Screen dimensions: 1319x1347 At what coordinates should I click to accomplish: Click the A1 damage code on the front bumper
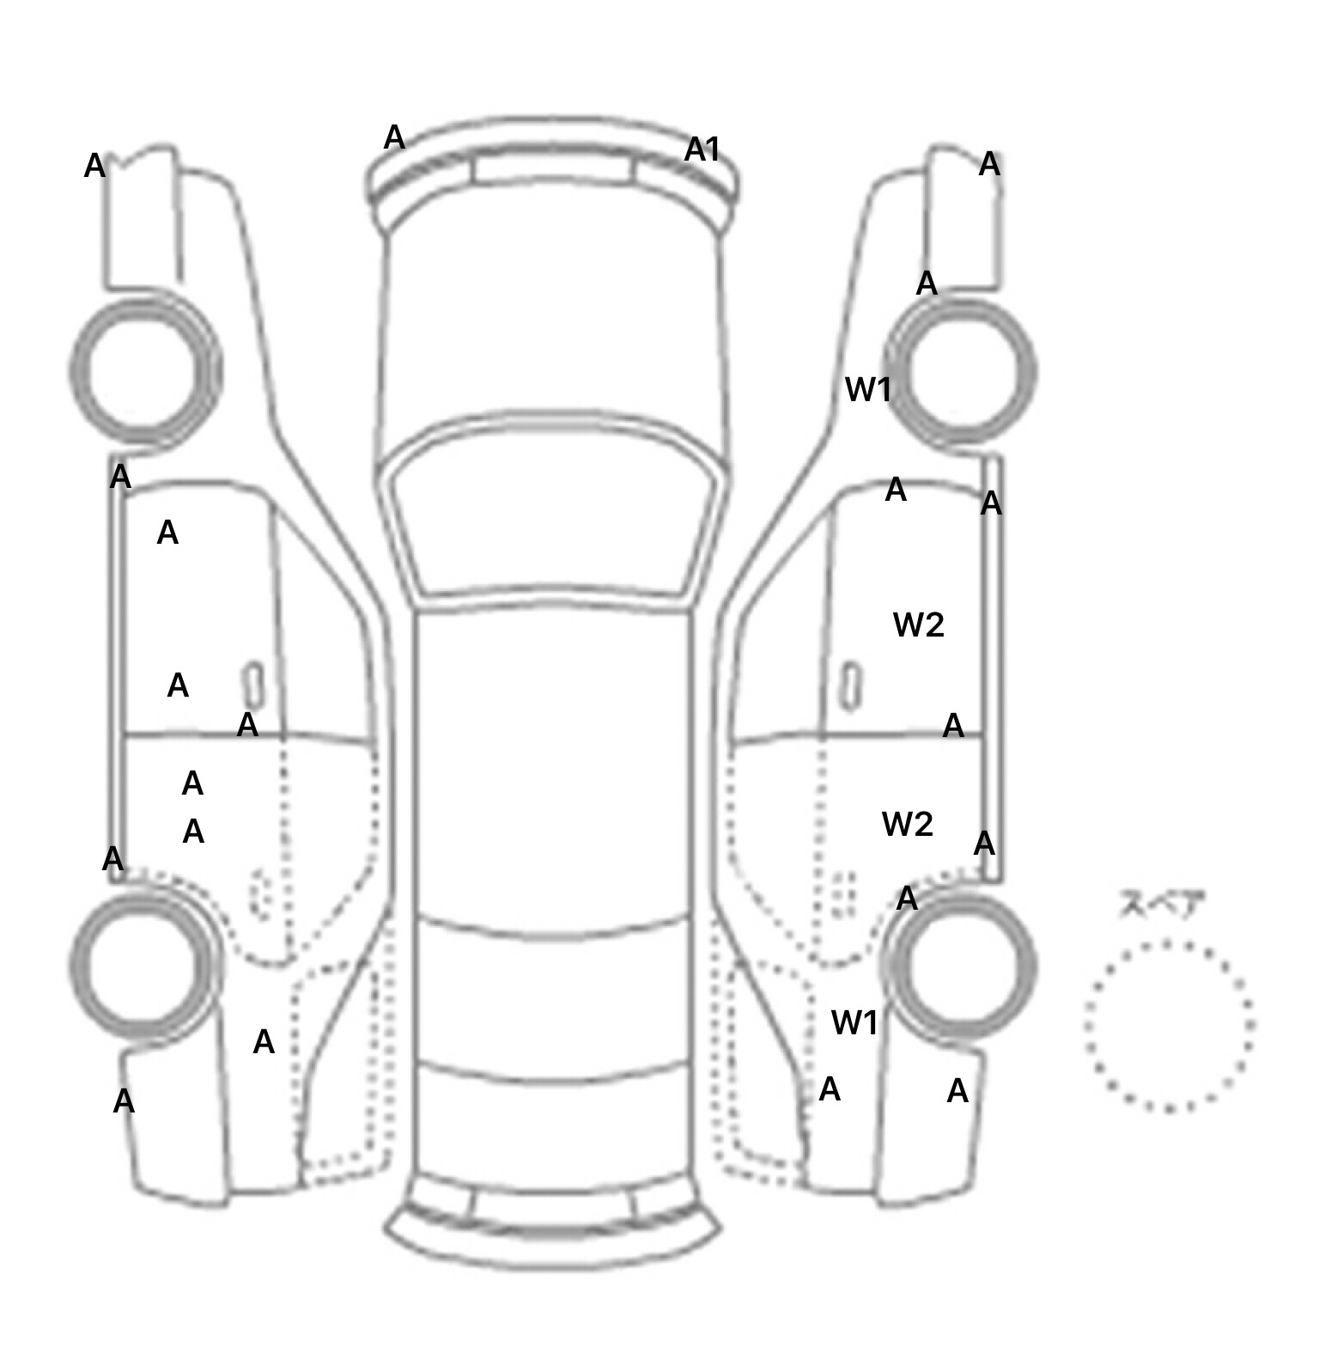702,149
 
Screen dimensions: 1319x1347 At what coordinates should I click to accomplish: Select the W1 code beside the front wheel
867,389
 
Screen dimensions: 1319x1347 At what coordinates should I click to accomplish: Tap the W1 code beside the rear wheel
854,1022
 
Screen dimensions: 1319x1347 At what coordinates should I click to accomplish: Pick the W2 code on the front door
918,625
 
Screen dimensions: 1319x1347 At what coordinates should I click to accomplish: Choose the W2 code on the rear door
907,824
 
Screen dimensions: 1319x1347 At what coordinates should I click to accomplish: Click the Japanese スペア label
1161,904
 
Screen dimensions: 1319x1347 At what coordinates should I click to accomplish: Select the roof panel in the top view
553,765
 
